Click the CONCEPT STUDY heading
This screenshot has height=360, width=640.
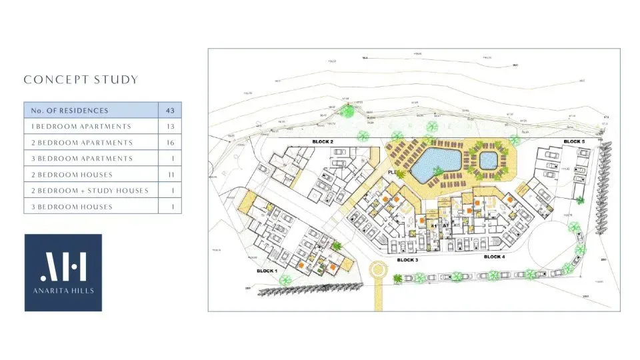(81, 80)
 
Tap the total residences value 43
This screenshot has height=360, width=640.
(169, 110)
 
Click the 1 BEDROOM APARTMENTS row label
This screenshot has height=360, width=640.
(81, 126)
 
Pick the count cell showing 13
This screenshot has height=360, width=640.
(169, 126)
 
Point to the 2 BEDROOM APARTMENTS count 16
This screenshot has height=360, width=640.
(169, 143)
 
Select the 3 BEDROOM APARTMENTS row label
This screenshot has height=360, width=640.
(81, 159)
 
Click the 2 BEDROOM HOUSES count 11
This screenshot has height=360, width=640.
(169, 175)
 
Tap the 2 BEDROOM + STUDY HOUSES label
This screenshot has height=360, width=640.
(89, 191)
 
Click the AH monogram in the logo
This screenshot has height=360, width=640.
(63, 267)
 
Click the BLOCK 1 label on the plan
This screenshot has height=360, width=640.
(267, 271)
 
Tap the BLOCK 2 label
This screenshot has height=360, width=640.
(323, 142)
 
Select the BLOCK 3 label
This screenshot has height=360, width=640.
(407, 259)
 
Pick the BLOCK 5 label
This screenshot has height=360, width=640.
(573, 141)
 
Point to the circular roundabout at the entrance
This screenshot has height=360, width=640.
(379, 271)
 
